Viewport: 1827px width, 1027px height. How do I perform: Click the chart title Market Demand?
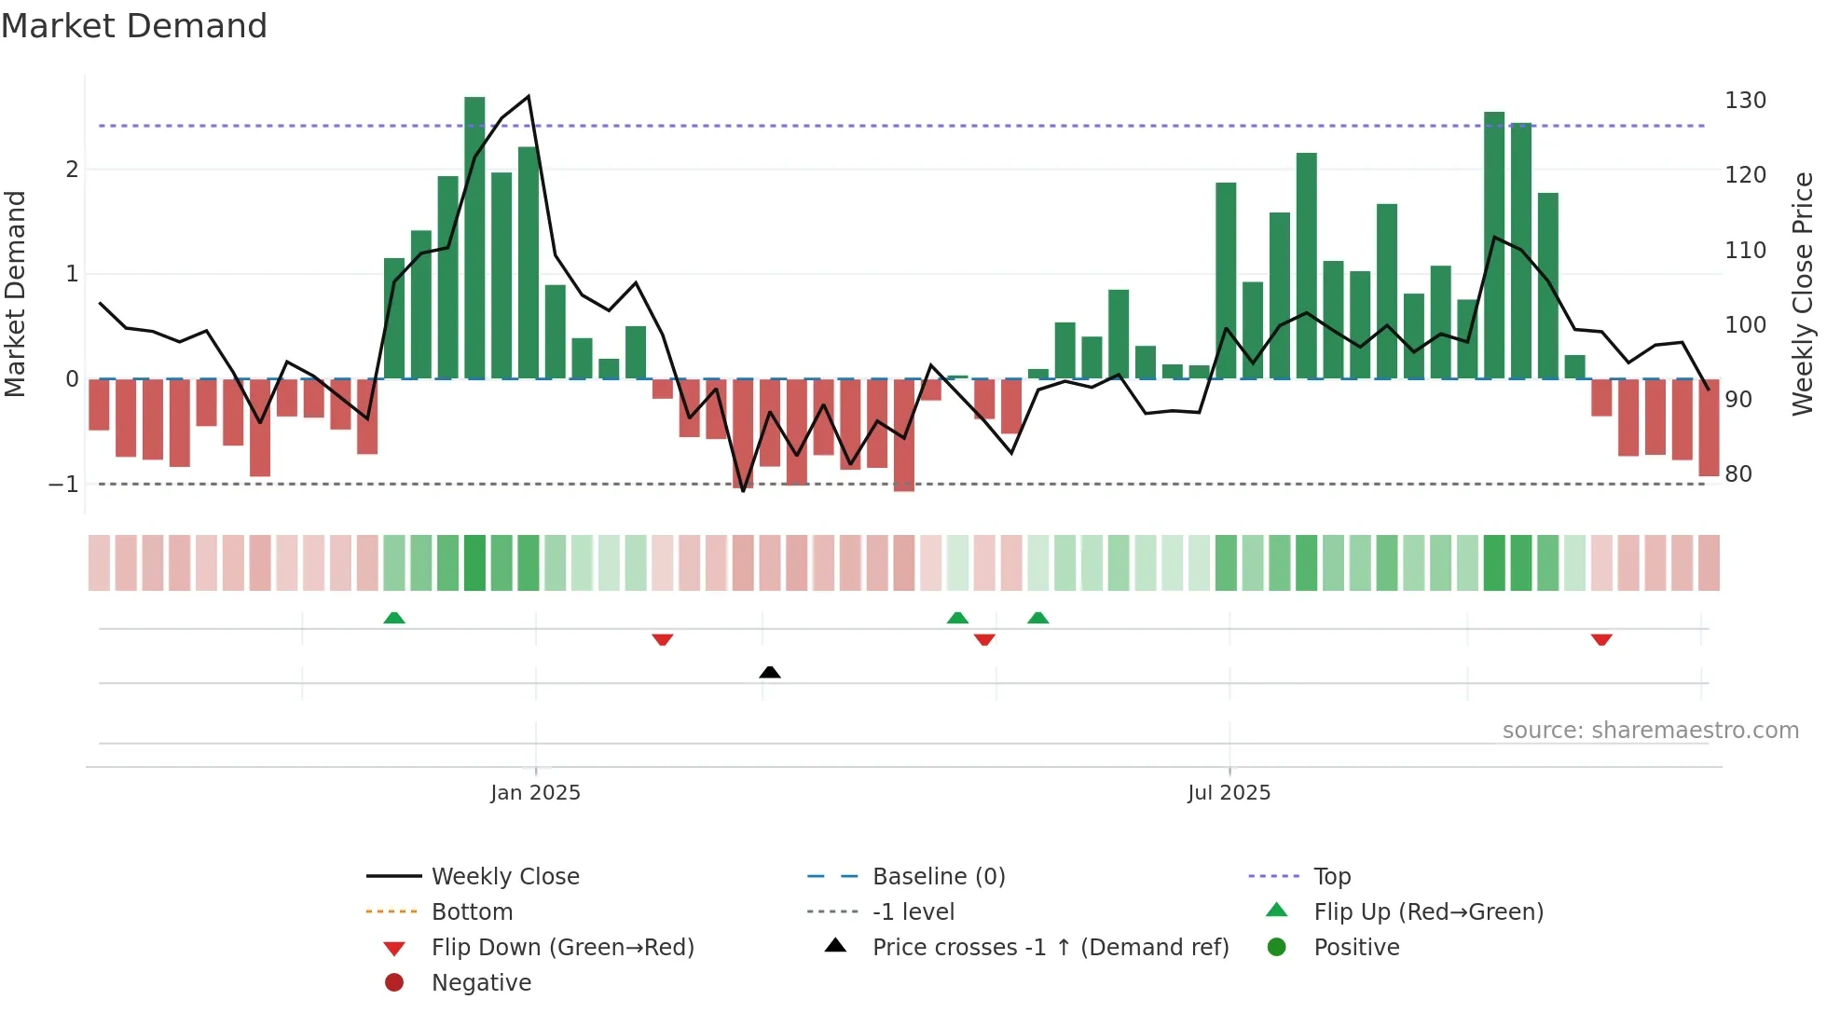point(134,26)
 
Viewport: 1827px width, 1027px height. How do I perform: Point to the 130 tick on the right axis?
point(1745,101)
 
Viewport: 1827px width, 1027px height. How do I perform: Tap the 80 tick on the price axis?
point(1738,474)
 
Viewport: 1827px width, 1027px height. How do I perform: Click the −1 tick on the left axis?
point(63,485)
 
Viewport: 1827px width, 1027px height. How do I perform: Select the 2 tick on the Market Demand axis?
point(72,170)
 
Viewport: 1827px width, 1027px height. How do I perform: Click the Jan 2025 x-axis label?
point(535,793)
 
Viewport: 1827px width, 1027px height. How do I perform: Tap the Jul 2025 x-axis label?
point(1229,793)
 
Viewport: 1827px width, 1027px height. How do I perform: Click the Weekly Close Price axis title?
point(1803,294)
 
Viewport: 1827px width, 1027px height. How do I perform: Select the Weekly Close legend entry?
point(504,877)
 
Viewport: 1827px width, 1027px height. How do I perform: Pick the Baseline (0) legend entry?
point(938,877)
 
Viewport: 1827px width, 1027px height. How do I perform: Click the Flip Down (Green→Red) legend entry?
point(562,948)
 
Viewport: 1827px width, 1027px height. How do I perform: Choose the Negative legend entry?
point(481,983)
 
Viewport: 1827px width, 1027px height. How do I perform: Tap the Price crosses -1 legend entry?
point(1050,948)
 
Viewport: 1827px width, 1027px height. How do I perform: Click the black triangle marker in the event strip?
point(770,672)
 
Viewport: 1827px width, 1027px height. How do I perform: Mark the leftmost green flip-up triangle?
point(394,618)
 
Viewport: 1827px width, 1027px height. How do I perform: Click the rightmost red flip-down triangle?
point(1601,639)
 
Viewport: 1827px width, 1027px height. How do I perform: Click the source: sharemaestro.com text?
point(1650,731)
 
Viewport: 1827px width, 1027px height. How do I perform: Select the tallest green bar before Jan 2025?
point(474,238)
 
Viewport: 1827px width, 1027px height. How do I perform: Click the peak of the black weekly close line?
point(529,96)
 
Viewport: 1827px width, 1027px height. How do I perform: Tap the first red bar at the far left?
point(99,404)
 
